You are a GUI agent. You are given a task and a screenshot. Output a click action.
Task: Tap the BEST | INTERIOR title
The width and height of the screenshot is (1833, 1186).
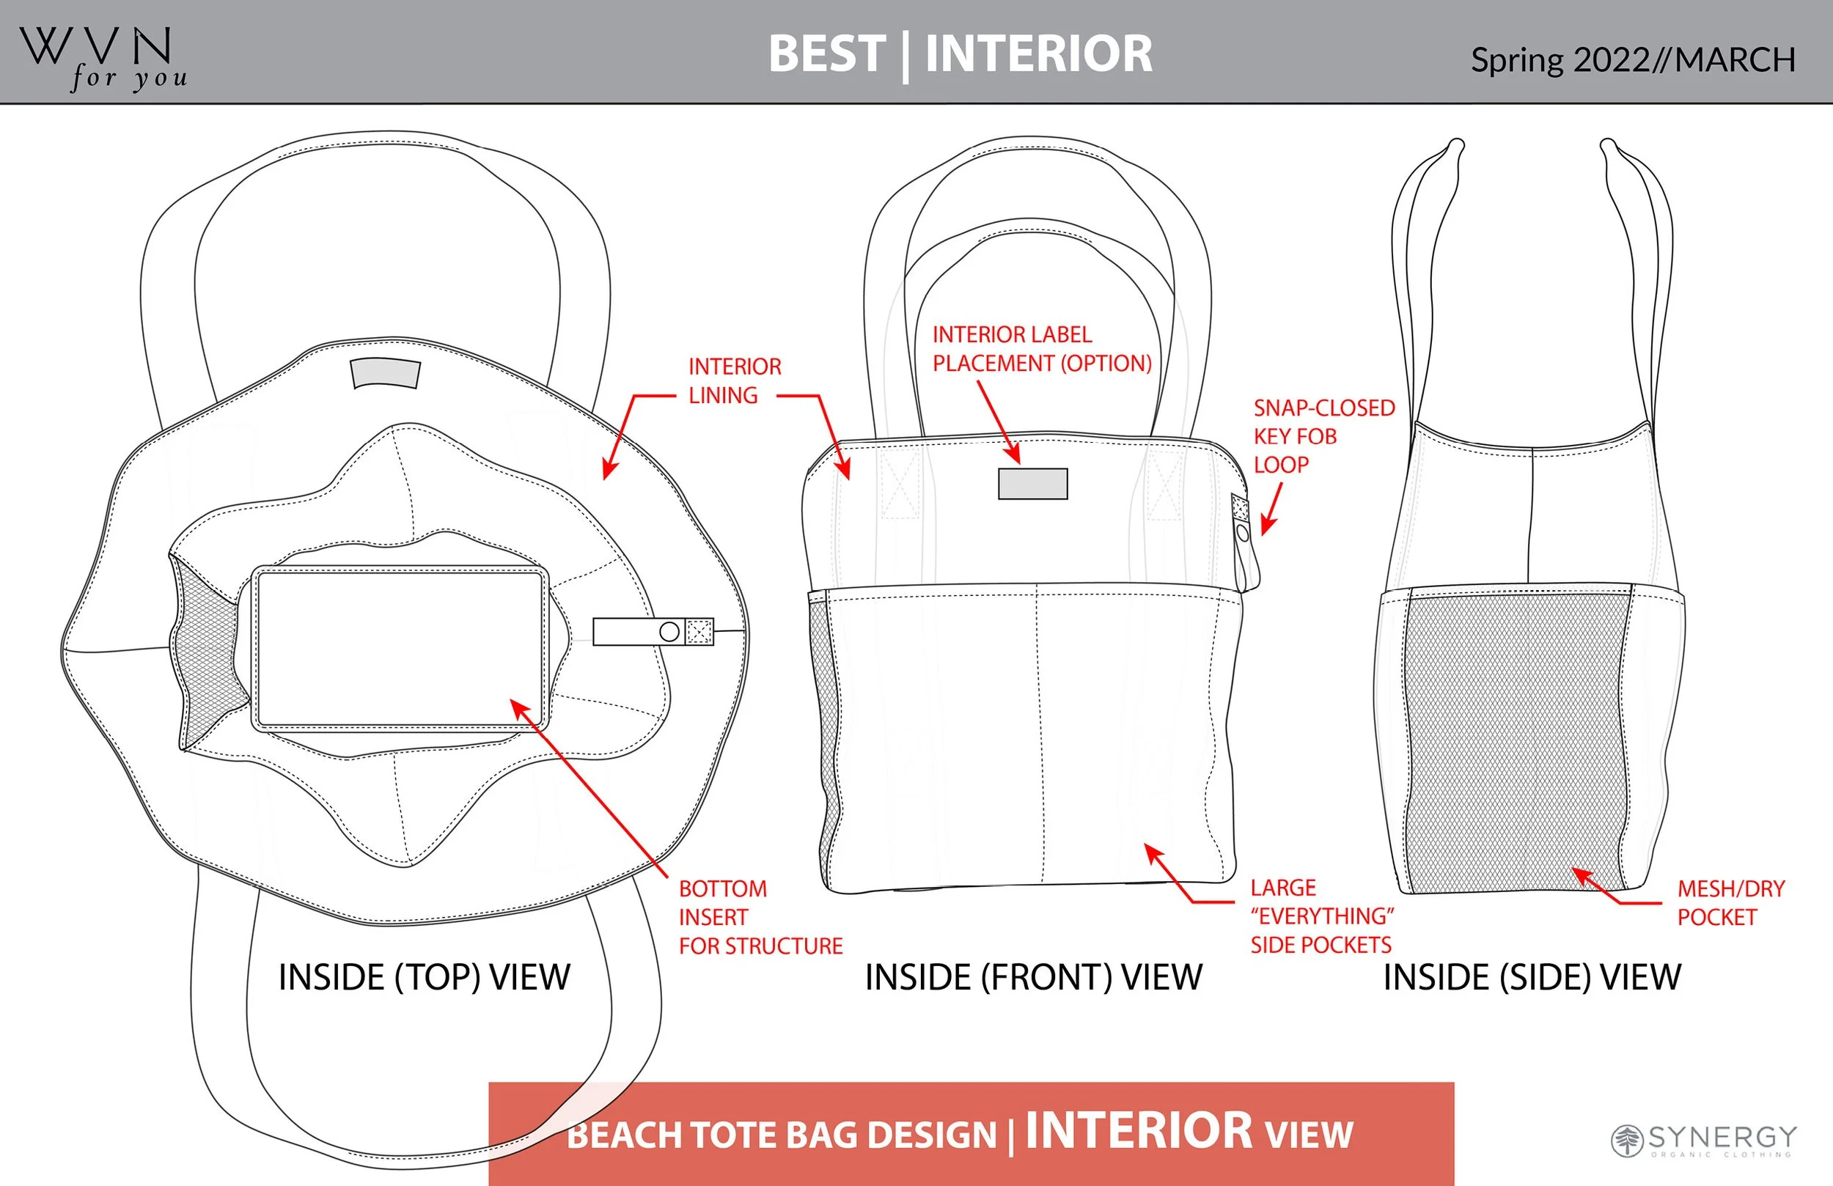[x=960, y=54]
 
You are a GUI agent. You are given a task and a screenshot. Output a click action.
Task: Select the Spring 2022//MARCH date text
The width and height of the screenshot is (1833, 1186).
[x=1633, y=60]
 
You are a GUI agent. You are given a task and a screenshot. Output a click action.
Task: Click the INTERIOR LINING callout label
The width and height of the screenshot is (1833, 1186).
[x=734, y=380]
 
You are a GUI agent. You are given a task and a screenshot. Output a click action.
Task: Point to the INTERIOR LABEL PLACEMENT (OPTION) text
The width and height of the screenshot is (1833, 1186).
[x=1041, y=349]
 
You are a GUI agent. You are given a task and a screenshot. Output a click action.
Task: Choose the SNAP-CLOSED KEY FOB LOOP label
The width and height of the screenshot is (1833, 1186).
[x=1323, y=436]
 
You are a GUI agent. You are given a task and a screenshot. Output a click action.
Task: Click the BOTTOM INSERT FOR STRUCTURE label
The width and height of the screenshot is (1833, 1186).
[x=760, y=916]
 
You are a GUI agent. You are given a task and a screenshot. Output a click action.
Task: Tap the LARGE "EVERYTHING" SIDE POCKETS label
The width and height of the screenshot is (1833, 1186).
[x=1320, y=916]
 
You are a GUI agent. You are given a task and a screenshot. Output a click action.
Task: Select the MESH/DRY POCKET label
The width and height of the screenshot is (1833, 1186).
[x=1730, y=902]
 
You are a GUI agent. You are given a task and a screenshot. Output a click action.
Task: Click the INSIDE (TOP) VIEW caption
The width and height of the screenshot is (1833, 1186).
[x=425, y=977]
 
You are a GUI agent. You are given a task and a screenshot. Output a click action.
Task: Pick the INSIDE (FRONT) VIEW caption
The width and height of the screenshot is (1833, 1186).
[x=1033, y=977]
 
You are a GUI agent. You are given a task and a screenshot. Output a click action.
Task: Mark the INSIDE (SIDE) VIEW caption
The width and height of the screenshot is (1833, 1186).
[x=1532, y=977]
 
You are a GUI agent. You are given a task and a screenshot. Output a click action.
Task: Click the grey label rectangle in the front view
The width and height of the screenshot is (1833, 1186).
[x=1033, y=484]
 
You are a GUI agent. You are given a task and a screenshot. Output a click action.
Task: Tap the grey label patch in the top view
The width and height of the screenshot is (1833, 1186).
[x=385, y=374]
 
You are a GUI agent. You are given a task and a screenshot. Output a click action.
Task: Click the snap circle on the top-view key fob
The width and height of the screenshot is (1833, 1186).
[x=669, y=632]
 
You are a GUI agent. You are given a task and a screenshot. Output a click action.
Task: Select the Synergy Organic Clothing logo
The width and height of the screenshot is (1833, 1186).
[x=1704, y=1140]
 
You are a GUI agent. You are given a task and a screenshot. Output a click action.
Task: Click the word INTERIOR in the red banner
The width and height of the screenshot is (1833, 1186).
[x=1139, y=1130]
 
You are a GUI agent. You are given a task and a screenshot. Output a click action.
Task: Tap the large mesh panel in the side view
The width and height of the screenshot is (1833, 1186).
[x=1513, y=740]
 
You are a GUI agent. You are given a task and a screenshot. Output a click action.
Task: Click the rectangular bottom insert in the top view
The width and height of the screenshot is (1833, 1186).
[x=400, y=649]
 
